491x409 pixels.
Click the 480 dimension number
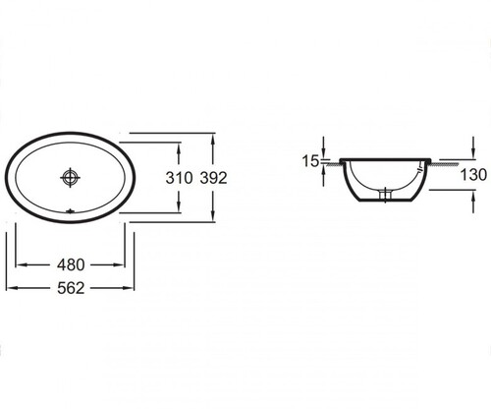71,264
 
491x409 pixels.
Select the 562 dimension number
71,288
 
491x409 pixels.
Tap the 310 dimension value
179,178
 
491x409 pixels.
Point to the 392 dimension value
213,178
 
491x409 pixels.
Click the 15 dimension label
310,161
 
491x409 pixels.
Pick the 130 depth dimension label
473,175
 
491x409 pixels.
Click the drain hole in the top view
70,177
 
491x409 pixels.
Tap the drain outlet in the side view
385,194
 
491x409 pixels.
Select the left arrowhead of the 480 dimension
21,264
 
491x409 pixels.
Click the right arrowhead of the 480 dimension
119,264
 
